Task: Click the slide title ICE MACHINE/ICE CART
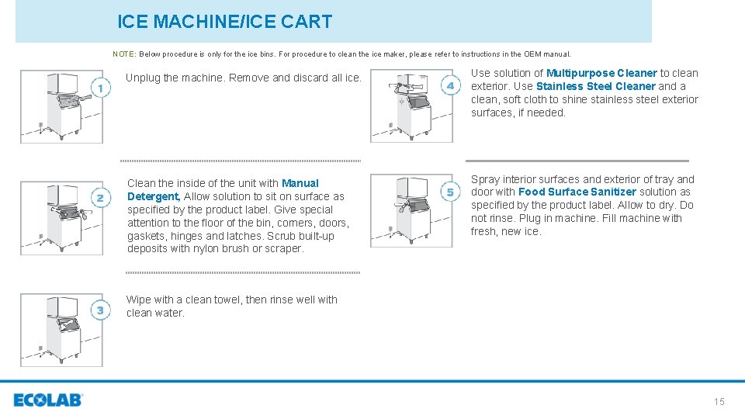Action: [x=224, y=22]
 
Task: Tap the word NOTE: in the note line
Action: [x=124, y=54]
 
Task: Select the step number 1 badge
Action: [x=99, y=88]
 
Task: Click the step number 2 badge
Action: [x=99, y=199]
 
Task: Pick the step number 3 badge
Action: [x=99, y=311]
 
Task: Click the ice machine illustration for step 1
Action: [x=61, y=106]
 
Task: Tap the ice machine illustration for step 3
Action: [x=61, y=330]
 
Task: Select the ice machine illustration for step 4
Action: [x=411, y=106]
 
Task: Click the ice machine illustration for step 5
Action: [x=411, y=210]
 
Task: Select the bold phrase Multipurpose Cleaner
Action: [x=601, y=73]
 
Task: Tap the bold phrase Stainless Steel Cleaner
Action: [x=595, y=86]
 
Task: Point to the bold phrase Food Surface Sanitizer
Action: [x=577, y=192]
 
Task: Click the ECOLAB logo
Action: [x=48, y=400]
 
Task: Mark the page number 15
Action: [x=719, y=401]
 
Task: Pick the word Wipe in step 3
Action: [x=139, y=300]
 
